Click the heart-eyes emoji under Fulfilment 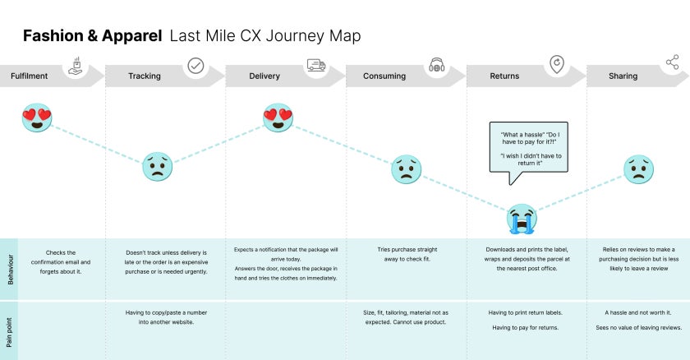pyautogui.click(x=37, y=118)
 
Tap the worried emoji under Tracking pyautogui.click(x=158, y=167)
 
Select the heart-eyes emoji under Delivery pyautogui.click(x=278, y=118)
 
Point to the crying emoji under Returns pyautogui.click(x=521, y=219)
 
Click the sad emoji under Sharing pyautogui.click(x=638, y=169)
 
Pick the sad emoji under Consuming pyautogui.click(x=404, y=169)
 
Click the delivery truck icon pyautogui.click(x=316, y=65)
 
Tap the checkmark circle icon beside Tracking pyautogui.click(x=195, y=66)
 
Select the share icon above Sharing pyautogui.click(x=672, y=62)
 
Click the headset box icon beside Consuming pyautogui.click(x=437, y=66)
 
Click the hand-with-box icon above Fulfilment pyautogui.click(x=75, y=66)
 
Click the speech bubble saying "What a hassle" pyautogui.click(x=527, y=147)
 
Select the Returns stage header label pyautogui.click(x=504, y=76)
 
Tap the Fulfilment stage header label pyautogui.click(x=29, y=76)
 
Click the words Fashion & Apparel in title pyautogui.click(x=92, y=36)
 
